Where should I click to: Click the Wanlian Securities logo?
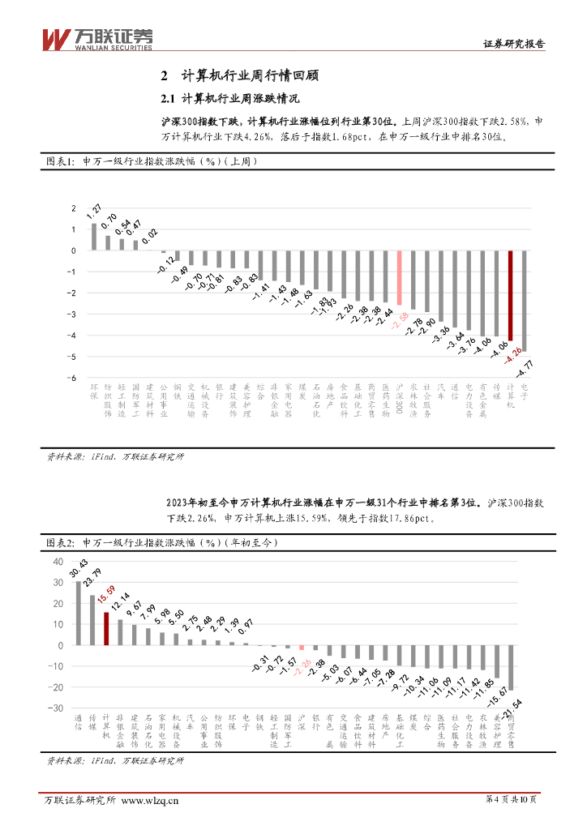(x=96, y=37)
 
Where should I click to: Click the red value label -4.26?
(x=511, y=354)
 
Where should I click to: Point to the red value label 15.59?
(x=105, y=601)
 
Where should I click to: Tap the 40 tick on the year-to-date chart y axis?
(x=58, y=562)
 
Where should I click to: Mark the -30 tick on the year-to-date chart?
(x=56, y=708)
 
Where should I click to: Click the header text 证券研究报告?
(x=514, y=45)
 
